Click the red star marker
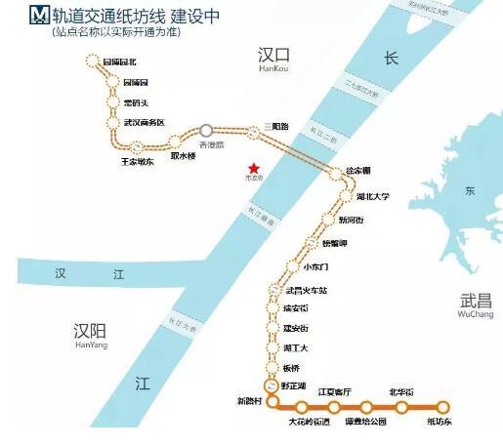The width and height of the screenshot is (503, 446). [x=253, y=166]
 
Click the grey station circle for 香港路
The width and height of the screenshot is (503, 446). [x=206, y=130]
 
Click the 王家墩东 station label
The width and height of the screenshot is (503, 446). [x=137, y=161]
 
